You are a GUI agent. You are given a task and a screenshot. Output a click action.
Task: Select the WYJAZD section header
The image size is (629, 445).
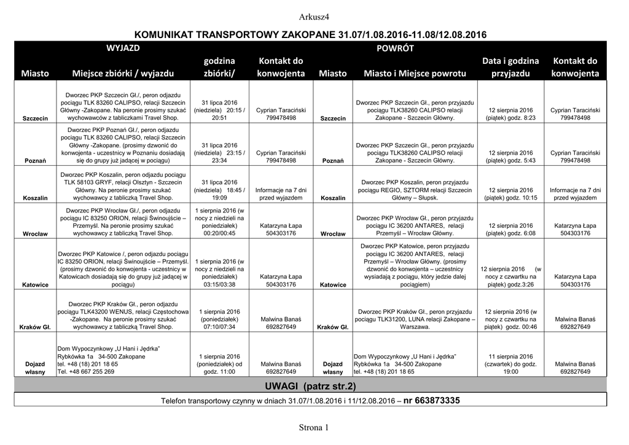tap(123, 48)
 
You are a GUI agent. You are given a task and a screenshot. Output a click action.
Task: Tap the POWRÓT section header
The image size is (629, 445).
tap(399, 48)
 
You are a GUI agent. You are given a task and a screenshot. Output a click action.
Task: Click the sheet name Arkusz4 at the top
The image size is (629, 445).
tap(314, 16)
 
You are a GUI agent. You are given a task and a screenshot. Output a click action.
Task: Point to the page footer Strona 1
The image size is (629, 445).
tap(314, 427)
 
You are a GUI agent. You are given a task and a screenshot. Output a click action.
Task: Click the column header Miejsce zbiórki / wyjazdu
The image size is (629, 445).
tap(123, 74)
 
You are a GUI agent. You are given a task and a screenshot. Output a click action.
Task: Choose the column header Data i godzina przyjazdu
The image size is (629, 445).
tap(510, 67)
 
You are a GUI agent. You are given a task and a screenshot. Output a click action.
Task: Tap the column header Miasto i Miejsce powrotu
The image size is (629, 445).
tap(415, 74)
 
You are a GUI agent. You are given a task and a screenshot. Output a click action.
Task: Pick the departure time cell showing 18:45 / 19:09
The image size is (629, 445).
tap(219, 190)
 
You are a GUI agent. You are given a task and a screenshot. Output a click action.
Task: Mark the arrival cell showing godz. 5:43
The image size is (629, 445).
tap(510, 157)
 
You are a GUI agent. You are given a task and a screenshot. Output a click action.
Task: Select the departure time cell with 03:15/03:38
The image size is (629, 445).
tap(219, 273)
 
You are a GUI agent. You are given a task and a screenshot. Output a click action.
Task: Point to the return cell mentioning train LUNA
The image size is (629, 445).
tap(415, 319)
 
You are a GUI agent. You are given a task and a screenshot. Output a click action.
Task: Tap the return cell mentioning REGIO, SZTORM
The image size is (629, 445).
tap(415, 190)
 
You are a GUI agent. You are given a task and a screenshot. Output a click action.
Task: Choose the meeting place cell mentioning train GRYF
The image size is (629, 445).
tap(123, 187)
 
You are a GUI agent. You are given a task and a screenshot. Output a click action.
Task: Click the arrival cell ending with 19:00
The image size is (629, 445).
tap(510, 364)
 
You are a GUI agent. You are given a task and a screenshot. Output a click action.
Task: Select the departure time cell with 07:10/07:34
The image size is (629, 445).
tap(219, 319)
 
